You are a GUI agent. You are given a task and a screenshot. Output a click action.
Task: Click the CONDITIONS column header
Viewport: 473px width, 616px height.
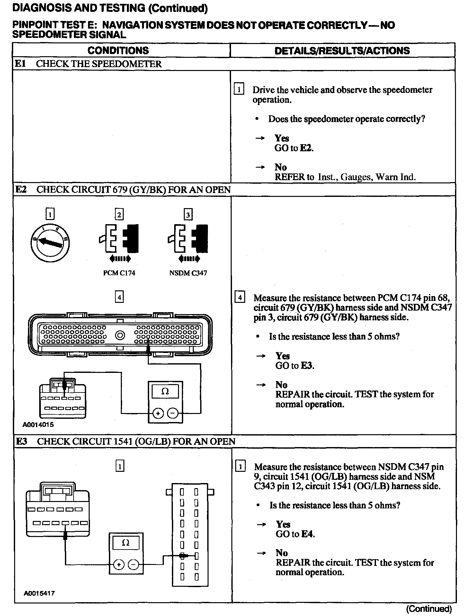(118, 50)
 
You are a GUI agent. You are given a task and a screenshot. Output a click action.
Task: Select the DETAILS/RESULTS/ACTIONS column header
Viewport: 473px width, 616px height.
(342, 51)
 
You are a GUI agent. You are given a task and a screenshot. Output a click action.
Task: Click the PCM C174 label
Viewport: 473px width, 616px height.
(119, 273)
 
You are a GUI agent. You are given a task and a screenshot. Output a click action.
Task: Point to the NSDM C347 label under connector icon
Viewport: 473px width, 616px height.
(188, 273)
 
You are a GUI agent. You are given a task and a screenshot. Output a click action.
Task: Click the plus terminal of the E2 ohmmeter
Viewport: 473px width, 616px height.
(158, 414)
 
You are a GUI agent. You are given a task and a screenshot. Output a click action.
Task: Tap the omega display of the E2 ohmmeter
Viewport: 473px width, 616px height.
(165, 392)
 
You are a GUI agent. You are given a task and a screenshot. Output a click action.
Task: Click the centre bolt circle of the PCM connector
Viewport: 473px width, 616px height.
(120, 336)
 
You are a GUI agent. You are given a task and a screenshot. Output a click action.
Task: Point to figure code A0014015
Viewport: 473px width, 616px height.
(38, 425)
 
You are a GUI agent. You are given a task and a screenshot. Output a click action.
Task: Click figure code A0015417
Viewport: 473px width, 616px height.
(39, 593)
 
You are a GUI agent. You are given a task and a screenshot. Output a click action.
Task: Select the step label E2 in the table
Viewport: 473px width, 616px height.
(21, 189)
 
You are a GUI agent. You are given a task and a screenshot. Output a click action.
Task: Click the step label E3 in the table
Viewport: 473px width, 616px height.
(21, 441)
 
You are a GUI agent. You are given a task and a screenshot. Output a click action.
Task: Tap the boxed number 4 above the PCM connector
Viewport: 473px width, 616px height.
(119, 297)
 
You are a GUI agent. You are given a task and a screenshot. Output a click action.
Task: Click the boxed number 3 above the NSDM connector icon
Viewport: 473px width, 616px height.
(188, 214)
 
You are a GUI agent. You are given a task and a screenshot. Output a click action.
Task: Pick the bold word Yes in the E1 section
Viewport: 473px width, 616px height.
(281, 138)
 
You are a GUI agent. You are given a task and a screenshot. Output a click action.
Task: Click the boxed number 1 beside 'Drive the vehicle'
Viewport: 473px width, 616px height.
(239, 89)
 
